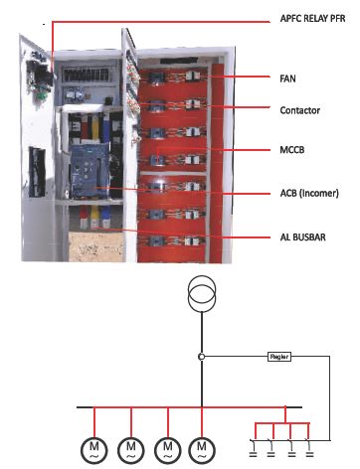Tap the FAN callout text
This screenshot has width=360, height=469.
(288, 77)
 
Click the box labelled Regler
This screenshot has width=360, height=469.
(279, 356)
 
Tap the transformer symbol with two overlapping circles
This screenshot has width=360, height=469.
(202, 294)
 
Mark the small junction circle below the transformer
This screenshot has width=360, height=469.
(202, 356)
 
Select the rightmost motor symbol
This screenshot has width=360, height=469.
(202, 448)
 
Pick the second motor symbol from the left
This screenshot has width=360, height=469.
(131, 448)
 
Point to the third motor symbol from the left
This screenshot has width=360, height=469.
(167, 448)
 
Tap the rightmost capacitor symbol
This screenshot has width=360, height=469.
(308, 452)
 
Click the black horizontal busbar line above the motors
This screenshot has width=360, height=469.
(149, 406)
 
